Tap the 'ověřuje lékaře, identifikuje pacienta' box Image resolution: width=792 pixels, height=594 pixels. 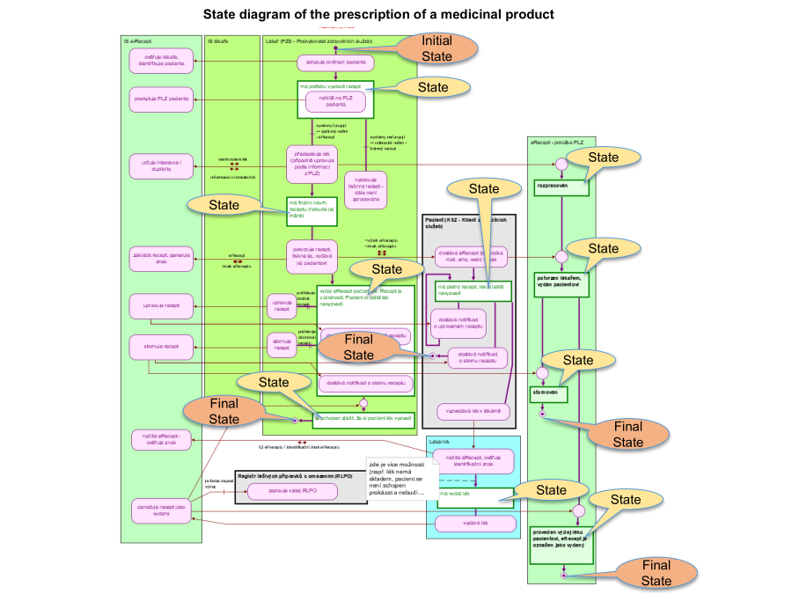(161, 61)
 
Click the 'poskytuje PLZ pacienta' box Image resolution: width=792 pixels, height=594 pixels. (161, 99)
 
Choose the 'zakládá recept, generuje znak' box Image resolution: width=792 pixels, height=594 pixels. (161, 257)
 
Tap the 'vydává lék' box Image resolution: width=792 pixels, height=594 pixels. (474, 523)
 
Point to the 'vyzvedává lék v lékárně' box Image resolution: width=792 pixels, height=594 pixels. (473, 410)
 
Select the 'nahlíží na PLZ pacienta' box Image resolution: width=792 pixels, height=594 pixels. (335, 102)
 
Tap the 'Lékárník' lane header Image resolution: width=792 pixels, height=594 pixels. (440, 442)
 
